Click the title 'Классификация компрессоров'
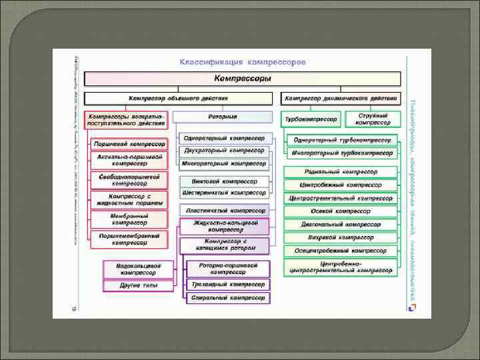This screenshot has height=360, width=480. (x=243, y=62)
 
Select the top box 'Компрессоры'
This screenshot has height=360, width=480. (x=246, y=79)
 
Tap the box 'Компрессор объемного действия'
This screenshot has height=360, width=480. (x=178, y=98)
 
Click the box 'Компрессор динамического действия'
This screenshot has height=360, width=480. (x=341, y=98)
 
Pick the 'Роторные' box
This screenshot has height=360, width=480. (x=223, y=117)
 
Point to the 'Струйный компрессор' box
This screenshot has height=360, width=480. (x=373, y=119)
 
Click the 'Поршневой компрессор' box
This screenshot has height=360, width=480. (x=129, y=144)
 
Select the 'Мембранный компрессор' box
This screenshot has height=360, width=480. (x=129, y=219)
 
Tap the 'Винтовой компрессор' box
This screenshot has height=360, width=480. (x=224, y=181)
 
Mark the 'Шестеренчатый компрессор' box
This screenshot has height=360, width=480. (x=224, y=193)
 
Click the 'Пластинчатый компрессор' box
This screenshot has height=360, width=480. (x=224, y=211)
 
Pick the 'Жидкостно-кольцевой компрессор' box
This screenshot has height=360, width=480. (x=224, y=226)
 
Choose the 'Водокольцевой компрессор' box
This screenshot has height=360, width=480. (x=138, y=269)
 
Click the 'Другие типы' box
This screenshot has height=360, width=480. (x=138, y=285)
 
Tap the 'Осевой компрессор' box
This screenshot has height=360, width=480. (x=340, y=211)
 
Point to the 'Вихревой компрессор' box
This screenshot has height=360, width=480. (x=340, y=237)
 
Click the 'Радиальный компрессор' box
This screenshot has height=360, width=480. (x=340, y=172)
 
